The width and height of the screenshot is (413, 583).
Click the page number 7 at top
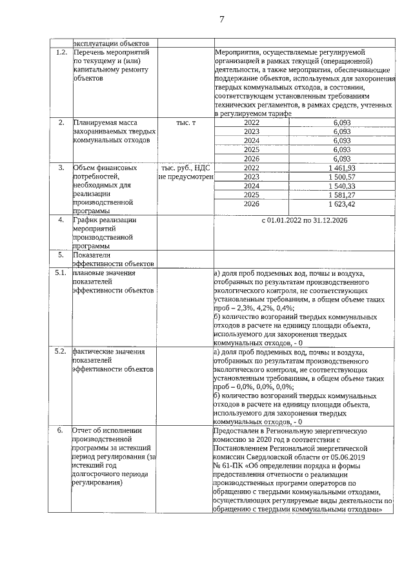221,19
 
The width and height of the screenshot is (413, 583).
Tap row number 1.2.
62,51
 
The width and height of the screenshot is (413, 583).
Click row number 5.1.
62,273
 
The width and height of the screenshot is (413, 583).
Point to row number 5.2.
62,352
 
